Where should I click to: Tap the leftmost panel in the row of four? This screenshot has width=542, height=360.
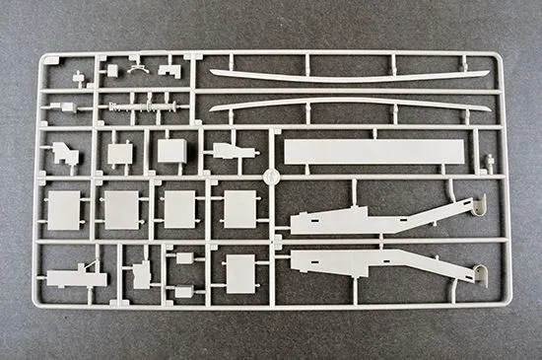(x=64, y=209)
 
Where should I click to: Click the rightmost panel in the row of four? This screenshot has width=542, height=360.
(x=240, y=208)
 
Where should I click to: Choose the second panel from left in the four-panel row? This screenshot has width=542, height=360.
(x=122, y=209)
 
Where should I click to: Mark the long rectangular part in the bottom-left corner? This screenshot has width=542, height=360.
(x=75, y=278)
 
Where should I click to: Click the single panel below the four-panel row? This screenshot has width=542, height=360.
(x=240, y=273)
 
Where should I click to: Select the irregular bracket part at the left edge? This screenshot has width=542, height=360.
(x=65, y=152)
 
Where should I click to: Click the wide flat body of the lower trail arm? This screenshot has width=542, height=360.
(x=355, y=261)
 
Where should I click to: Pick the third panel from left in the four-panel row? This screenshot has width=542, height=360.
(x=180, y=209)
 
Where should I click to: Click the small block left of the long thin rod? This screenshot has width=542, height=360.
(x=68, y=106)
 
